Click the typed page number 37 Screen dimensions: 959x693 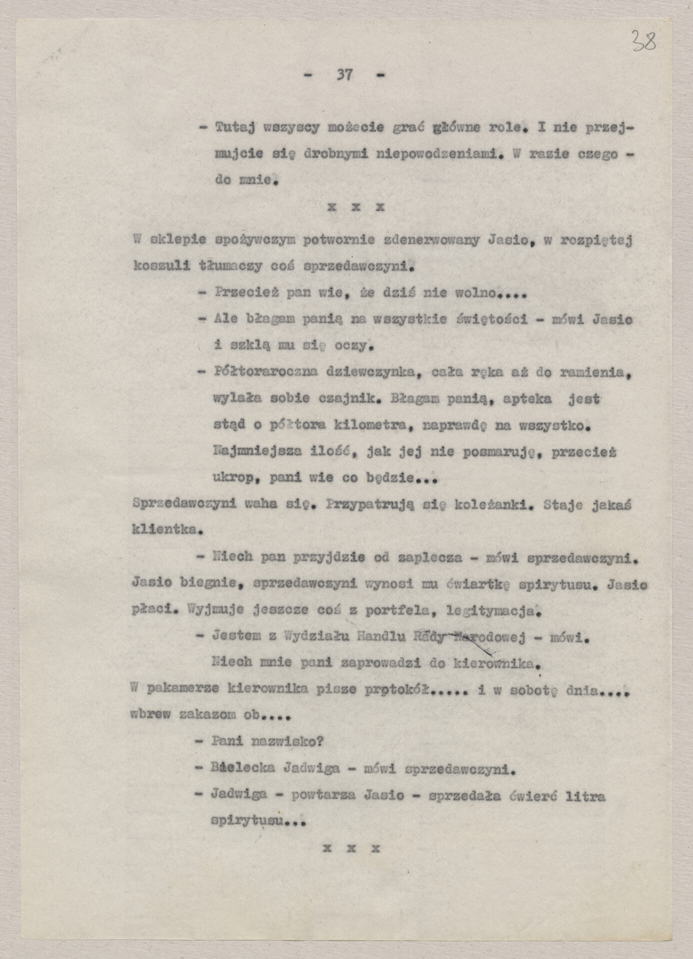[344, 75]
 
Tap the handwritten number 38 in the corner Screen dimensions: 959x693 [644, 41]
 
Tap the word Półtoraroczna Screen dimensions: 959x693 [265, 372]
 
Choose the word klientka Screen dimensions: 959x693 [166, 531]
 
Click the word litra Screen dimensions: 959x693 [586, 795]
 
